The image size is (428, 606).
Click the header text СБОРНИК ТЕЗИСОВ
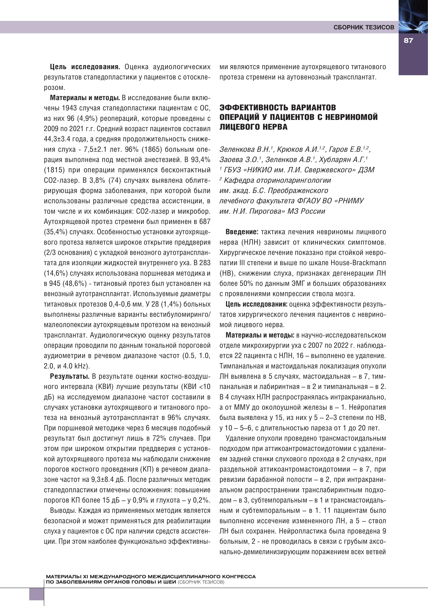click(x=364, y=27)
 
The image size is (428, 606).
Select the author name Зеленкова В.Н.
click(x=245, y=150)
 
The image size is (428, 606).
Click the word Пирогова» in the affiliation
click(x=266, y=211)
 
